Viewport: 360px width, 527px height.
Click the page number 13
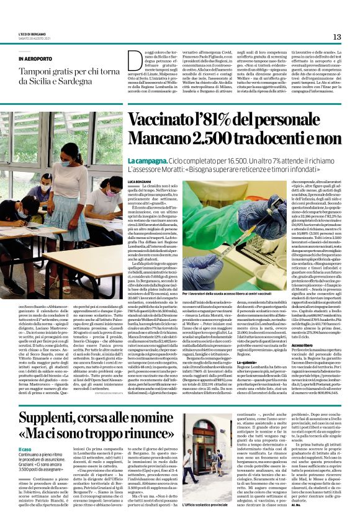click(337, 37)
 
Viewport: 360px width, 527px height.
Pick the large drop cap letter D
click(134, 61)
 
